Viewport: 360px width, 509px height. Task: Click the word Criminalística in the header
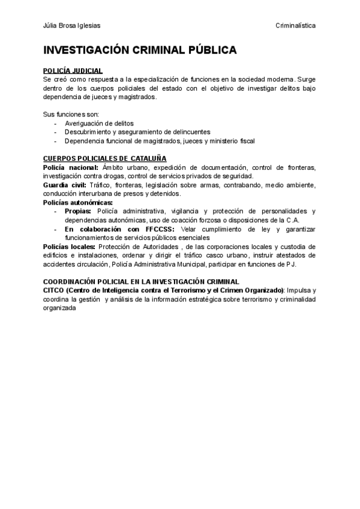click(x=296, y=26)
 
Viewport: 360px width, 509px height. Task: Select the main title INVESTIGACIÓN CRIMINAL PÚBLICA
click(x=140, y=50)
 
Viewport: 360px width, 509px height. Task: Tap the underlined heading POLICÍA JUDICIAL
click(x=73, y=71)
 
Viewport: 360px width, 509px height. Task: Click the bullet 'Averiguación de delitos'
click(x=100, y=123)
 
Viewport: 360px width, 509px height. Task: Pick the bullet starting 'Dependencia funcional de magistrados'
click(x=160, y=141)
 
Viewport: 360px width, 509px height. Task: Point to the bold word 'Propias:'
click(x=78, y=211)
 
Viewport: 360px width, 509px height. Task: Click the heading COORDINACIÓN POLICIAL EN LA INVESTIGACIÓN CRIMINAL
click(x=141, y=281)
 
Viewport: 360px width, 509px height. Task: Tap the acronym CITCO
click(x=53, y=291)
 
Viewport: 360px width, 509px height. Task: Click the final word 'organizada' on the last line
click(x=60, y=308)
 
